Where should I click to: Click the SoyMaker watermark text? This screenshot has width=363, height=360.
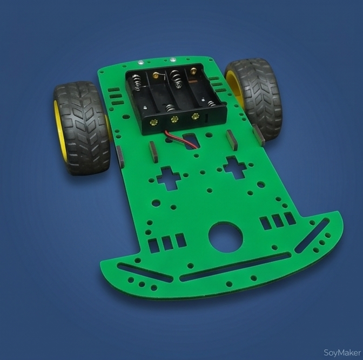point(342,353)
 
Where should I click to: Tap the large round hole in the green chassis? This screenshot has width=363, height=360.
point(226,237)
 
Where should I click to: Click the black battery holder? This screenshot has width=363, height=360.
point(176,98)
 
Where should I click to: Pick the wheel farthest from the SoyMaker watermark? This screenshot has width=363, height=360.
point(82,128)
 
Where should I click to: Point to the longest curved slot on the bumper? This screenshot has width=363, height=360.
point(235,266)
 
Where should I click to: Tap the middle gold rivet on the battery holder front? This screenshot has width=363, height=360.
point(174,120)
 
